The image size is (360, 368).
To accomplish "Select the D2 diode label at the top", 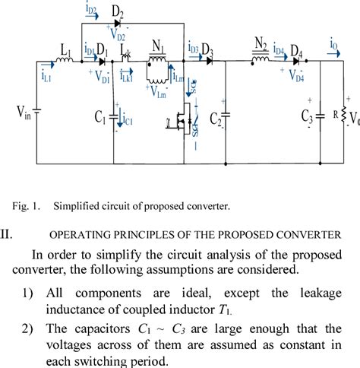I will [118, 13].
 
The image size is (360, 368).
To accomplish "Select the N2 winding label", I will [261, 43].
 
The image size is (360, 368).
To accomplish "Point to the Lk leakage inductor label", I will [126, 54].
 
